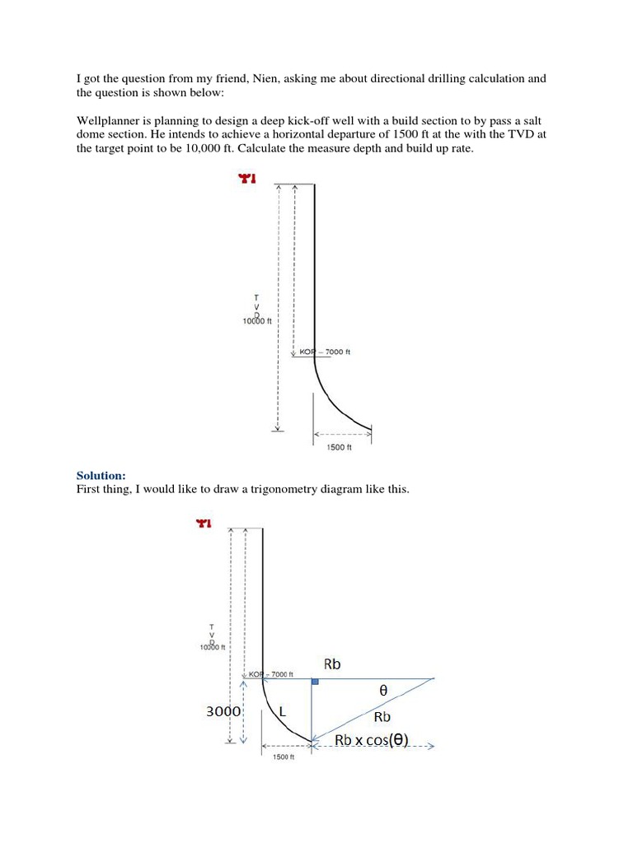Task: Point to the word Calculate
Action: [304, 149]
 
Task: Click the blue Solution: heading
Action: [101, 476]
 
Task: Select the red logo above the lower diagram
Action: [203, 523]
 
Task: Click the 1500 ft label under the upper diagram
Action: [340, 447]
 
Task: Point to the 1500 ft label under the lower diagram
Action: [283, 757]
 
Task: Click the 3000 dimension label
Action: [223, 712]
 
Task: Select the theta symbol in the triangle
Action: [382, 693]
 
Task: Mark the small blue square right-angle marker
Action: [314, 682]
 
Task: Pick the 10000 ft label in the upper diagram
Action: [257, 321]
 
